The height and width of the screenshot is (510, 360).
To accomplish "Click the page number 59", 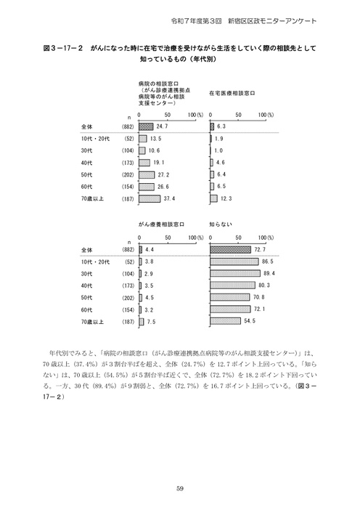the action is (179, 487).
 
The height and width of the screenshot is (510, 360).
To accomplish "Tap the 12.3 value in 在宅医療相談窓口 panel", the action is (226, 198).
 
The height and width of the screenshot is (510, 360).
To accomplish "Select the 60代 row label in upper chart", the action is (89, 187).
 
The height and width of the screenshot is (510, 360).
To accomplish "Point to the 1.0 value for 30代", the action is (219, 150).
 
